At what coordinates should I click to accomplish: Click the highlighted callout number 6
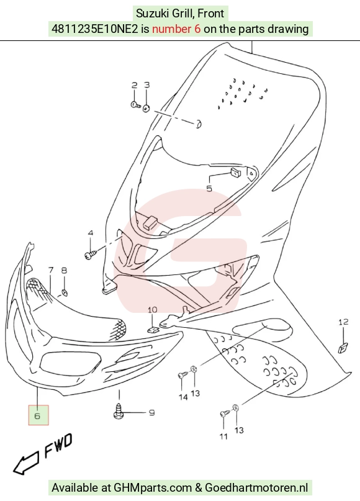click(x=37, y=416)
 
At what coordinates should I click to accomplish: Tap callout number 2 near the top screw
click(x=135, y=85)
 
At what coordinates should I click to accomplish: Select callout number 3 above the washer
click(x=146, y=84)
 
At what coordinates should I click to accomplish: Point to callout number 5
click(x=209, y=189)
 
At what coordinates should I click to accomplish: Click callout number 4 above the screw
click(x=91, y=233)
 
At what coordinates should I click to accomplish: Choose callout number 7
click(x=51, y=270)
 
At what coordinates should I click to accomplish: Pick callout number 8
click(x=64, y=271)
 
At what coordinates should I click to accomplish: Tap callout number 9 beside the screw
click(x=152, y=412)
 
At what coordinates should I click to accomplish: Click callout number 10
click(x=153, y=310)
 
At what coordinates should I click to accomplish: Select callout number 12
click(x=343, y=322)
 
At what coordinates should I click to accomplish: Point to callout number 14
click(x=183, y=397)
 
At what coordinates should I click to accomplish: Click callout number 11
click(x=223, y=436)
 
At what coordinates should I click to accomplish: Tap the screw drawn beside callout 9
click(x=119, y=410)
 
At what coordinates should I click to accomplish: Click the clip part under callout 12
click(x=343, y=348)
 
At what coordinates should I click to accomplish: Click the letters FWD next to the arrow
click(x=58, y=445)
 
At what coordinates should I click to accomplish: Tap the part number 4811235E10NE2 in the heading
click(x=95, y=29)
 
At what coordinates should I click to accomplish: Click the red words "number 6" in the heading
click(x=176, y=29)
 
